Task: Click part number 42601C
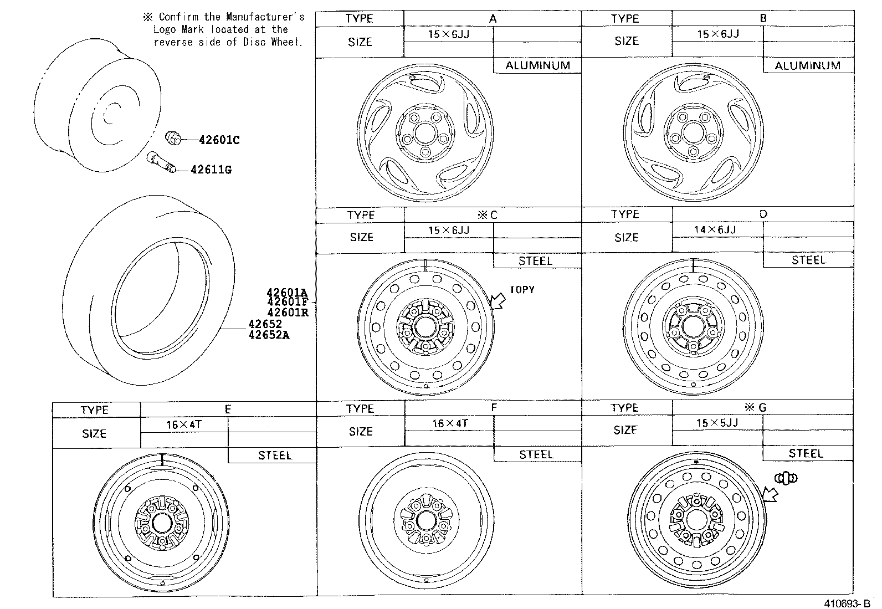219,140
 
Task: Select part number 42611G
211,170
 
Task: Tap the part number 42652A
269,335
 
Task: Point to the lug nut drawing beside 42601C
174,138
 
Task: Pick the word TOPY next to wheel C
521,289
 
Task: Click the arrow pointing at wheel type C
498,301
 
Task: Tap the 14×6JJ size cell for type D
715,229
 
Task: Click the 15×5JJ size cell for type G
717,422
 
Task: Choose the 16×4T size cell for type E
184,424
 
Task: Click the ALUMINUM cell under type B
807,65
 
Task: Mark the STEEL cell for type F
536,454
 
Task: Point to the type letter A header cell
493,18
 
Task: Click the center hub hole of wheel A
425,133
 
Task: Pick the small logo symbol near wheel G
786,478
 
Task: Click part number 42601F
287,302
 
